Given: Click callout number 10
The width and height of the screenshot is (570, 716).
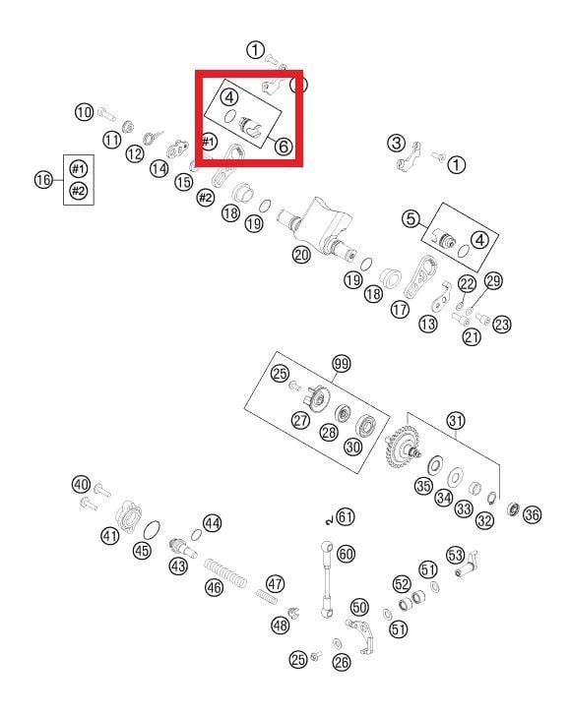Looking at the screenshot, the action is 84,112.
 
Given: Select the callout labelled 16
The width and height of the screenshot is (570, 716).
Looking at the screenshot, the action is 43,179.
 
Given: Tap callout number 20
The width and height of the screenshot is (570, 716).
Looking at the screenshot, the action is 301,255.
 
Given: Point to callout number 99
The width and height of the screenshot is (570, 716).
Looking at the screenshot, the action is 342,364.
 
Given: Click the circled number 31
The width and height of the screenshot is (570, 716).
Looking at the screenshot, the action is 456,421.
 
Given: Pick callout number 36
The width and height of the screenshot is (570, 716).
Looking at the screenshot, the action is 532,515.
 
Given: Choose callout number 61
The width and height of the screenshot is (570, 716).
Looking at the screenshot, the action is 346,517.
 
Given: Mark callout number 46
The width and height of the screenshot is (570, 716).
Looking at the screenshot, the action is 214,588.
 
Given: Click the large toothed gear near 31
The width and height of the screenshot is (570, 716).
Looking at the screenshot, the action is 399,447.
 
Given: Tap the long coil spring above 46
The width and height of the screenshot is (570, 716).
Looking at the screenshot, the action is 224,572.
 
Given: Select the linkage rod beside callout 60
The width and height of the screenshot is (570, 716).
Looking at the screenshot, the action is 327,579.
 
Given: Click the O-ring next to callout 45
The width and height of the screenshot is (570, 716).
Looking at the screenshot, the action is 152,530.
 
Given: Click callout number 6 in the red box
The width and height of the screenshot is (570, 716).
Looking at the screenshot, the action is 284,147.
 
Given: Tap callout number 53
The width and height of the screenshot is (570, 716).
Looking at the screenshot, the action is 455,556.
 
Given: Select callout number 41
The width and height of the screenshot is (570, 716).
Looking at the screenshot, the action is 109,535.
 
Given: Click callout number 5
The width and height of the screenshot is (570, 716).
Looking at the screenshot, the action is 411,218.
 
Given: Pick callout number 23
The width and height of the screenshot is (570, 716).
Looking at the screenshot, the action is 501,325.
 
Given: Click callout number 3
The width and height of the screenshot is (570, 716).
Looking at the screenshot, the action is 396,143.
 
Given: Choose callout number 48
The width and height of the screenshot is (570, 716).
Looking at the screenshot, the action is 281,625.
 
